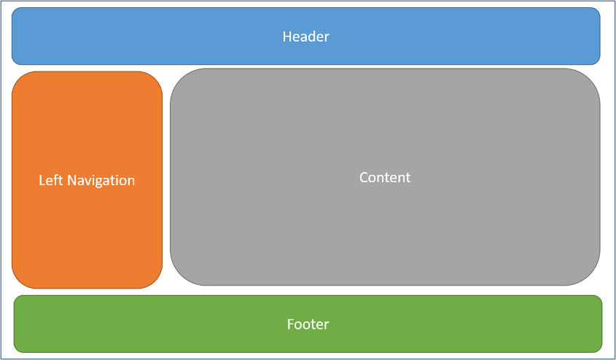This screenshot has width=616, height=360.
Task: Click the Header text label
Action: point(306,36)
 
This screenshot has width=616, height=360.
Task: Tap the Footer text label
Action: point(308,324)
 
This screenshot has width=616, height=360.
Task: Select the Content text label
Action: point(385,177)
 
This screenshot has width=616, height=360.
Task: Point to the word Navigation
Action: point(101,180)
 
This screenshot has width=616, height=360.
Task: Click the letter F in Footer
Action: point(290,324)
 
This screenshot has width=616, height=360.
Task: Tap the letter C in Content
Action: point(364,177)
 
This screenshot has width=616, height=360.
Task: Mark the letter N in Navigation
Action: point(71,180)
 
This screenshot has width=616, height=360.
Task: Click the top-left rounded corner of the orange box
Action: point(19,79)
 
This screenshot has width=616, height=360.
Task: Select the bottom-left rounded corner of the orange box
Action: point(19,281)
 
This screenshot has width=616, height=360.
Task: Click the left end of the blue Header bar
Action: point(14,36)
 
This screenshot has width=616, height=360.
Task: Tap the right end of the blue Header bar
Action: point(599,36)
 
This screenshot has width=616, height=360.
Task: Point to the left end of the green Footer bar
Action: point(16,324)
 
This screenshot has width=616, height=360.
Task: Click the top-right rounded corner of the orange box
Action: point(155,79)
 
